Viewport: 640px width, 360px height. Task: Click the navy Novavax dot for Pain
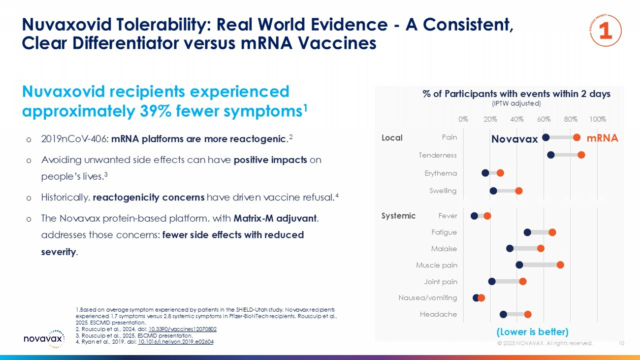pos(545,137)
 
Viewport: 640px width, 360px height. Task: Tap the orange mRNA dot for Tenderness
pos(581,155)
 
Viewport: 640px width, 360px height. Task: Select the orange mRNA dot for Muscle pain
pos(560,265)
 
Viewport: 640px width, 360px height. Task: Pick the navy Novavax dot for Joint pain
pos(492,281)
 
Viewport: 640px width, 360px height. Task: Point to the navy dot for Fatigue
pos(527,232)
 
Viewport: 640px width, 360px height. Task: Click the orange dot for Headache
pos(528,314)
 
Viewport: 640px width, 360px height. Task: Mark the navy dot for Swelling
pos(493,191)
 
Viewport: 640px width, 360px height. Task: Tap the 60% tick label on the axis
pos(544,119)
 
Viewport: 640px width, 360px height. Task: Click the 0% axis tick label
pos(463,119)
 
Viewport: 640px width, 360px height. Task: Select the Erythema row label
pos(441,173)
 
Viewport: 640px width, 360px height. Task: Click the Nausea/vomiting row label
pos(427,297)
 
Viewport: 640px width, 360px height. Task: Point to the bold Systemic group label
pos(398,216)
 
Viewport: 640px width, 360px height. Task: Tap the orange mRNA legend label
pos(602,138)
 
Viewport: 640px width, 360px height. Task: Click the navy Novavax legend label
pos(514,139)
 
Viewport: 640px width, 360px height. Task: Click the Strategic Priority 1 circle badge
pos(605,31)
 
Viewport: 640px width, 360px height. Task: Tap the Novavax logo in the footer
pos(44,338)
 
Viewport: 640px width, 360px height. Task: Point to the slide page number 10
pos(621,343)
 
